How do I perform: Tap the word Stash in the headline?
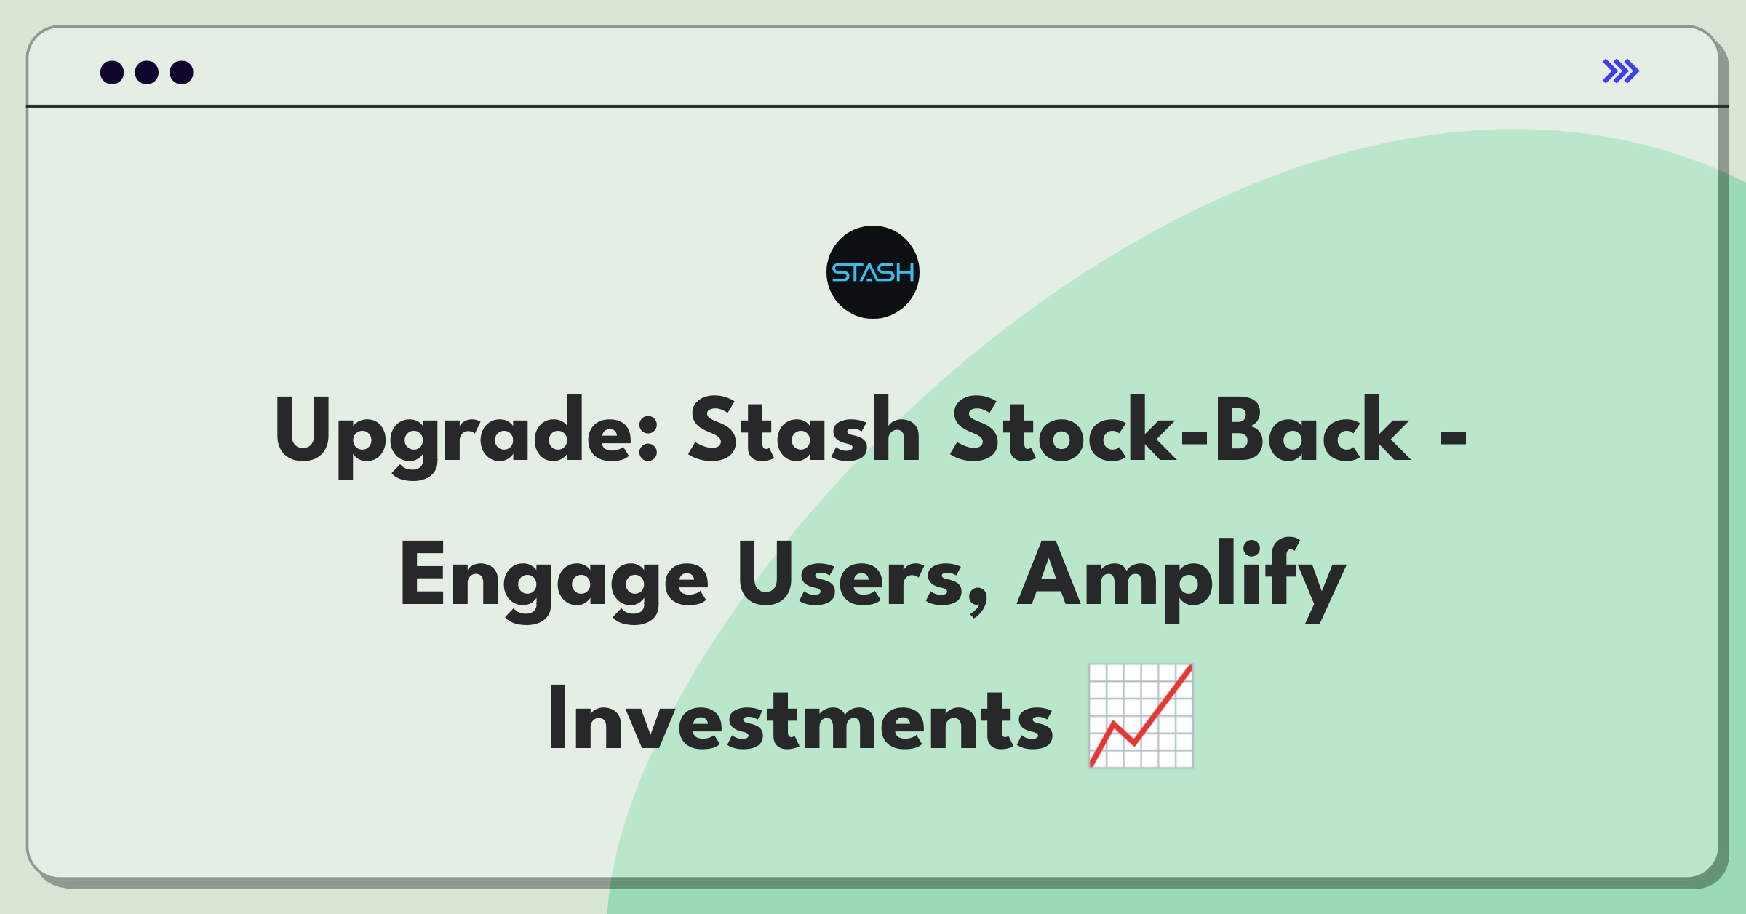click(805, 429)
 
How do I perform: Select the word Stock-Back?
click(1181, 429)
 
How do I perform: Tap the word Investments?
click(801, 719)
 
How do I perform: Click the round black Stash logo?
click(873, 272)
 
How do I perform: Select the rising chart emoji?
click(1141, 716)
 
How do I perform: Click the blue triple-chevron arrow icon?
click(1621, 71)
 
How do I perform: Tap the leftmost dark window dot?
click(112, 72)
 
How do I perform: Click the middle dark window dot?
click(147, 72)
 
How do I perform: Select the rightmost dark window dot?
click(182, 72)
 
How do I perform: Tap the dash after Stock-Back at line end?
click(1454, 437)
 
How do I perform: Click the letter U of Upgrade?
click(305, 429)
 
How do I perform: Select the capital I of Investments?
click(558, 718)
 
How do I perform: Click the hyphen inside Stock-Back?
click(1194, 437)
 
